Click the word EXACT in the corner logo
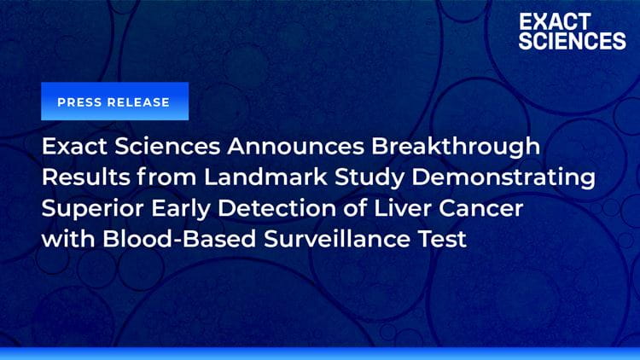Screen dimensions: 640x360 coord(556,21)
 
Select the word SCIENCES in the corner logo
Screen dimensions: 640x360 coord(573,41)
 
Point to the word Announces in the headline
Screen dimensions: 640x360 coord(295,146)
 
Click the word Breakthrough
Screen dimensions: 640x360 coord(456,147)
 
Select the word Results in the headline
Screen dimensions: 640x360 coord(85,177)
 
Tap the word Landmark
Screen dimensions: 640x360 coord(265,177)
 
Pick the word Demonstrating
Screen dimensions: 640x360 coord(503,178)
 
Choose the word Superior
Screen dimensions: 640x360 coord(93,209)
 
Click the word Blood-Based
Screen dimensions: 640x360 coord(179,239)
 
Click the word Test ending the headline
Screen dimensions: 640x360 coord(442,239)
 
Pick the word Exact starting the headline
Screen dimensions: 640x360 coord(74,146)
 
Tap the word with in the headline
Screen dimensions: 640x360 coord(68,239)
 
